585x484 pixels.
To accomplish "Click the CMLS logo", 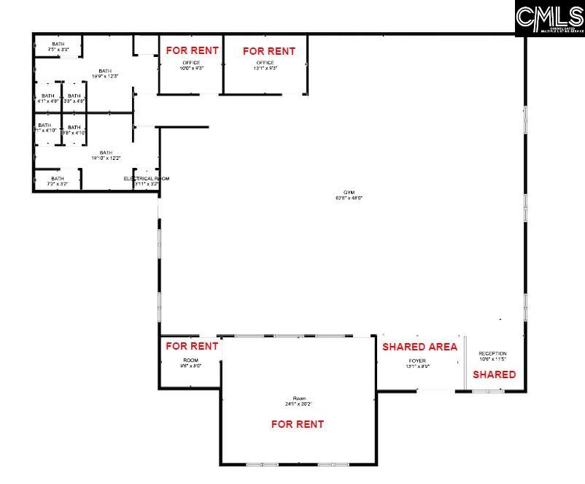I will pyautogui.click(x=549, y=18).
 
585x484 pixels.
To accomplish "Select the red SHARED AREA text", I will pyautogui.click(x=419, y=347).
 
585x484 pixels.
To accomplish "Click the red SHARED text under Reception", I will pyautogui.click(x=494, y=374).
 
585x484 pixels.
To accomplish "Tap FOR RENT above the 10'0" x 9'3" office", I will pyautogui.click(x=192, y=51).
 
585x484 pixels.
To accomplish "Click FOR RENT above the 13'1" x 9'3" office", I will pyautogui.click(x=268, y=51).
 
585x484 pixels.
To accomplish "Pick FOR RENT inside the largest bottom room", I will pyautogui.click(x=297, y=424).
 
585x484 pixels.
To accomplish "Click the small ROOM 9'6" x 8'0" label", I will pyautogui.click(x=190, y=363).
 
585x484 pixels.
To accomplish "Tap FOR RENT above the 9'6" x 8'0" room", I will pyautogui.click(x=191, y=346).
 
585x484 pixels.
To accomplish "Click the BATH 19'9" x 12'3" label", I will pyautogui.click(x=106, y=73).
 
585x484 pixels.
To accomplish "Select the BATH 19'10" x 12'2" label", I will pyautogui.click(x=106, y=155).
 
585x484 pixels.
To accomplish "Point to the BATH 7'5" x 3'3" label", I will pyautogui.click(x=58, y=47).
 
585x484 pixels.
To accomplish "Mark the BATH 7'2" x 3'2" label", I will pyautogui.click(x=57, y=181).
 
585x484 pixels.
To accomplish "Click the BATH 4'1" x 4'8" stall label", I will pyautogui.click(x=47, y=99).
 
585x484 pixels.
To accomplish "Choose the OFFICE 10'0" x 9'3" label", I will pyautogui.click(x=191, y=65).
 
